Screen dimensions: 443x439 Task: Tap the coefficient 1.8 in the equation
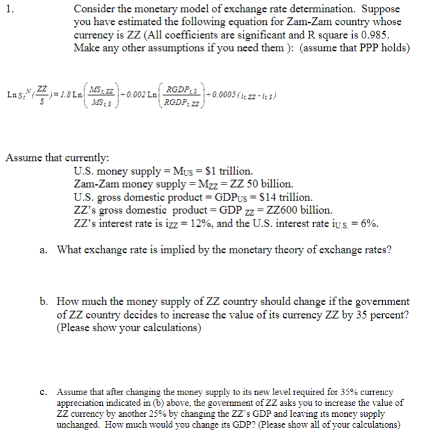pos(63,96)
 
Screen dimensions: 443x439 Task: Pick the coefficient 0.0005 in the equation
pos(221,95)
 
